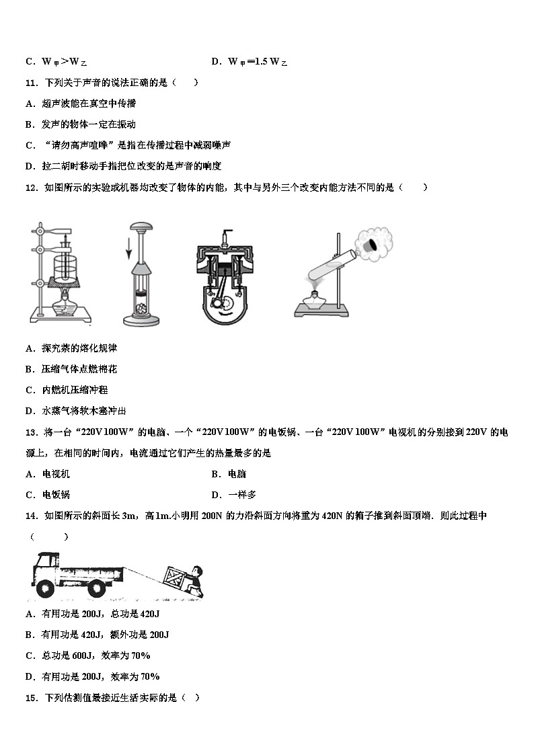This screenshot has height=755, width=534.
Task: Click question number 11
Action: [x=31, y=83]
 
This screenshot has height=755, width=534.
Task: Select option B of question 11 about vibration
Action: [x=81, y=124]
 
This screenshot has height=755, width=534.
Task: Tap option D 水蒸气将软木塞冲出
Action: [x=75, y=411]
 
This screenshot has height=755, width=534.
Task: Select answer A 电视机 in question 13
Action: [x=48, y=474]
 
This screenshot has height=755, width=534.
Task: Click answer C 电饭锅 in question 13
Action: [x=48, y=495]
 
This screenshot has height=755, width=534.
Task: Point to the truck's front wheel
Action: [x=46, y=587]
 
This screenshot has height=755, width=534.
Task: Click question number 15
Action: [x=31, y=698]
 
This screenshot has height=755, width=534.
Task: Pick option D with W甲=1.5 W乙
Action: [x=249, y=62]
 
